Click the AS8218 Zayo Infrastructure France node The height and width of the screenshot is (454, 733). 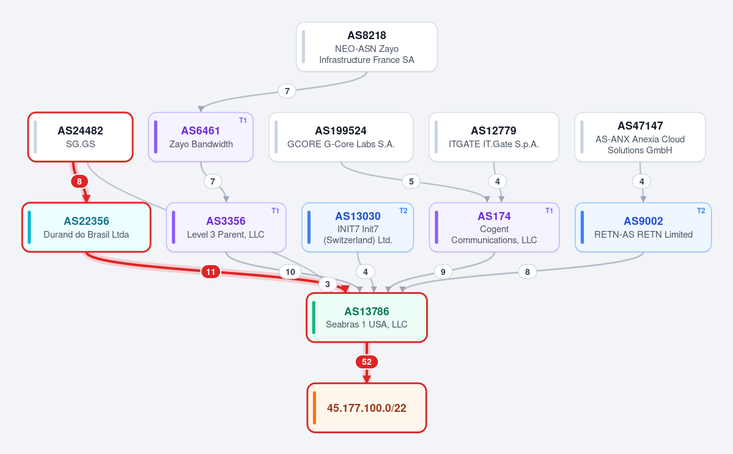pos(367,46)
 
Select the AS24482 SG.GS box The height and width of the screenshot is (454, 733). pos(81,137)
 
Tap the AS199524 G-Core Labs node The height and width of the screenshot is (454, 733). pos(341,137)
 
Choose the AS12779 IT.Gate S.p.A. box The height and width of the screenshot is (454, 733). pos(493,137)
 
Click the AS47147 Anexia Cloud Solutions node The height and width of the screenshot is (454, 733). pos(640,137)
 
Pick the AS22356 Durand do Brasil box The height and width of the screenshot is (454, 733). pos(86,227)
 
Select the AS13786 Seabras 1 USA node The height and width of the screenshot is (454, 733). pos(367,318)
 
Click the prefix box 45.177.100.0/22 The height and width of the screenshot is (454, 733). pos(367,408)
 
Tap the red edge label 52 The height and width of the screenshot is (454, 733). pos(367,362)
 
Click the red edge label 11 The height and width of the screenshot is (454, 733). pos(211,272)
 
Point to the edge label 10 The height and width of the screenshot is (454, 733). pos(290,272)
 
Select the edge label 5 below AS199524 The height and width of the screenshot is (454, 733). pos(411,181)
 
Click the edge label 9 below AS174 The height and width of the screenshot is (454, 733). pos(443,272)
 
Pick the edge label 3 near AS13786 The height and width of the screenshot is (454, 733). pos(328,284)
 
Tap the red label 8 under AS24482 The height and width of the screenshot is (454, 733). pos(79,181)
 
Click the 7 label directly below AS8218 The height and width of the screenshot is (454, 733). pos(287,91)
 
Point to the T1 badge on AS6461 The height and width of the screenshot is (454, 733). pos(243,120)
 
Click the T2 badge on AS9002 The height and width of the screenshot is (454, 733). pos(701,211)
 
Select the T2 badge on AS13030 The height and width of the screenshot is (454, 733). pos(403,211)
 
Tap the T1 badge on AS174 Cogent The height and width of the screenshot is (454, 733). pos(549,211)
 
